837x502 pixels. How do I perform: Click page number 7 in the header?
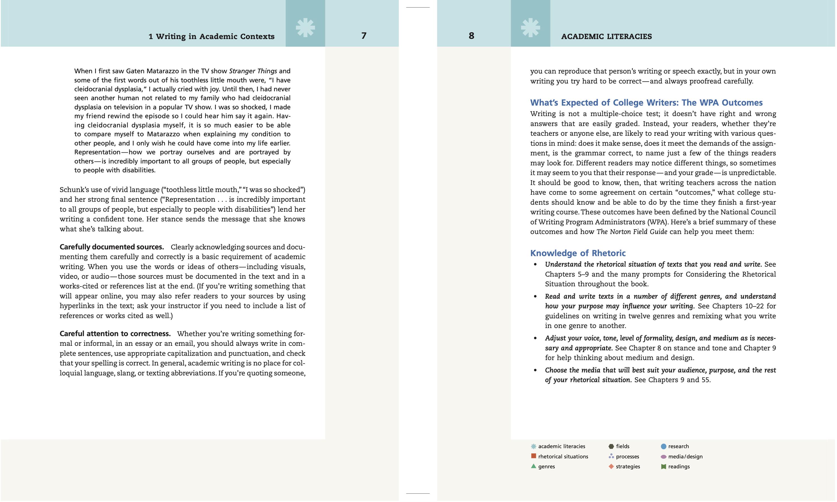[x=364, y=35]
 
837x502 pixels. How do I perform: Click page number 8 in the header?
[x=471, y=35]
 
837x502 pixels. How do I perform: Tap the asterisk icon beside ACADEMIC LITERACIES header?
[x=530, y=27]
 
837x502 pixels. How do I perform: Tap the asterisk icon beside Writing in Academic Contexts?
[x=305, y=27]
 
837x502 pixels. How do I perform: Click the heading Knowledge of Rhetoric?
[x=578, y=253]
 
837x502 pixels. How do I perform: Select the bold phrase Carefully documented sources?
[x=112, y=247]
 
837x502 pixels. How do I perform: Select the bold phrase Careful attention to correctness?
[x=115, y=334]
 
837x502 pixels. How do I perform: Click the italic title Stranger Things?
[x=253, y=71]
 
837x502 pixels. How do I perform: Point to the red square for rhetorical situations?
[x=533, y=456]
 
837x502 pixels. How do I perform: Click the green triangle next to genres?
[x=533, y=466]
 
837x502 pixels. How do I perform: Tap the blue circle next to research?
[x=663, y=446]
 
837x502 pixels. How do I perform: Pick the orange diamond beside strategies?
[x=611, y=467]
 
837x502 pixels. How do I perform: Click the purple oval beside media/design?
[x=663, y=457]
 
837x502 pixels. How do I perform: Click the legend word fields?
[x=622, y=446]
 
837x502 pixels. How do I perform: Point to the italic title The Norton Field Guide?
[x=632, y=232]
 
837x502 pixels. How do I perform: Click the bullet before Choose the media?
[x=535, y=370]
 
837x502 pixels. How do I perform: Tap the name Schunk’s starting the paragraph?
[x=74, y=190]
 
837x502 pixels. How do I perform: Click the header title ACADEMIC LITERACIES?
[x=606, y=37]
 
